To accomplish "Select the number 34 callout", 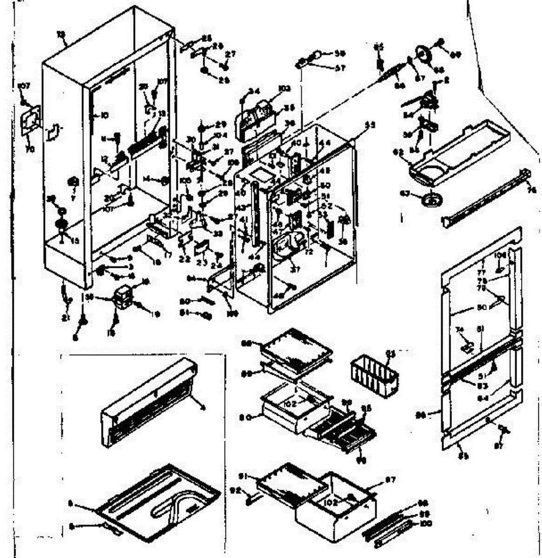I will coord(253,91).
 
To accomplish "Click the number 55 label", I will coord(369,125).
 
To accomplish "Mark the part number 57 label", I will coord(340,68).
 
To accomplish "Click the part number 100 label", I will coord(426,524).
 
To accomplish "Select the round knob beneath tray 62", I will coord(431,201).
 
